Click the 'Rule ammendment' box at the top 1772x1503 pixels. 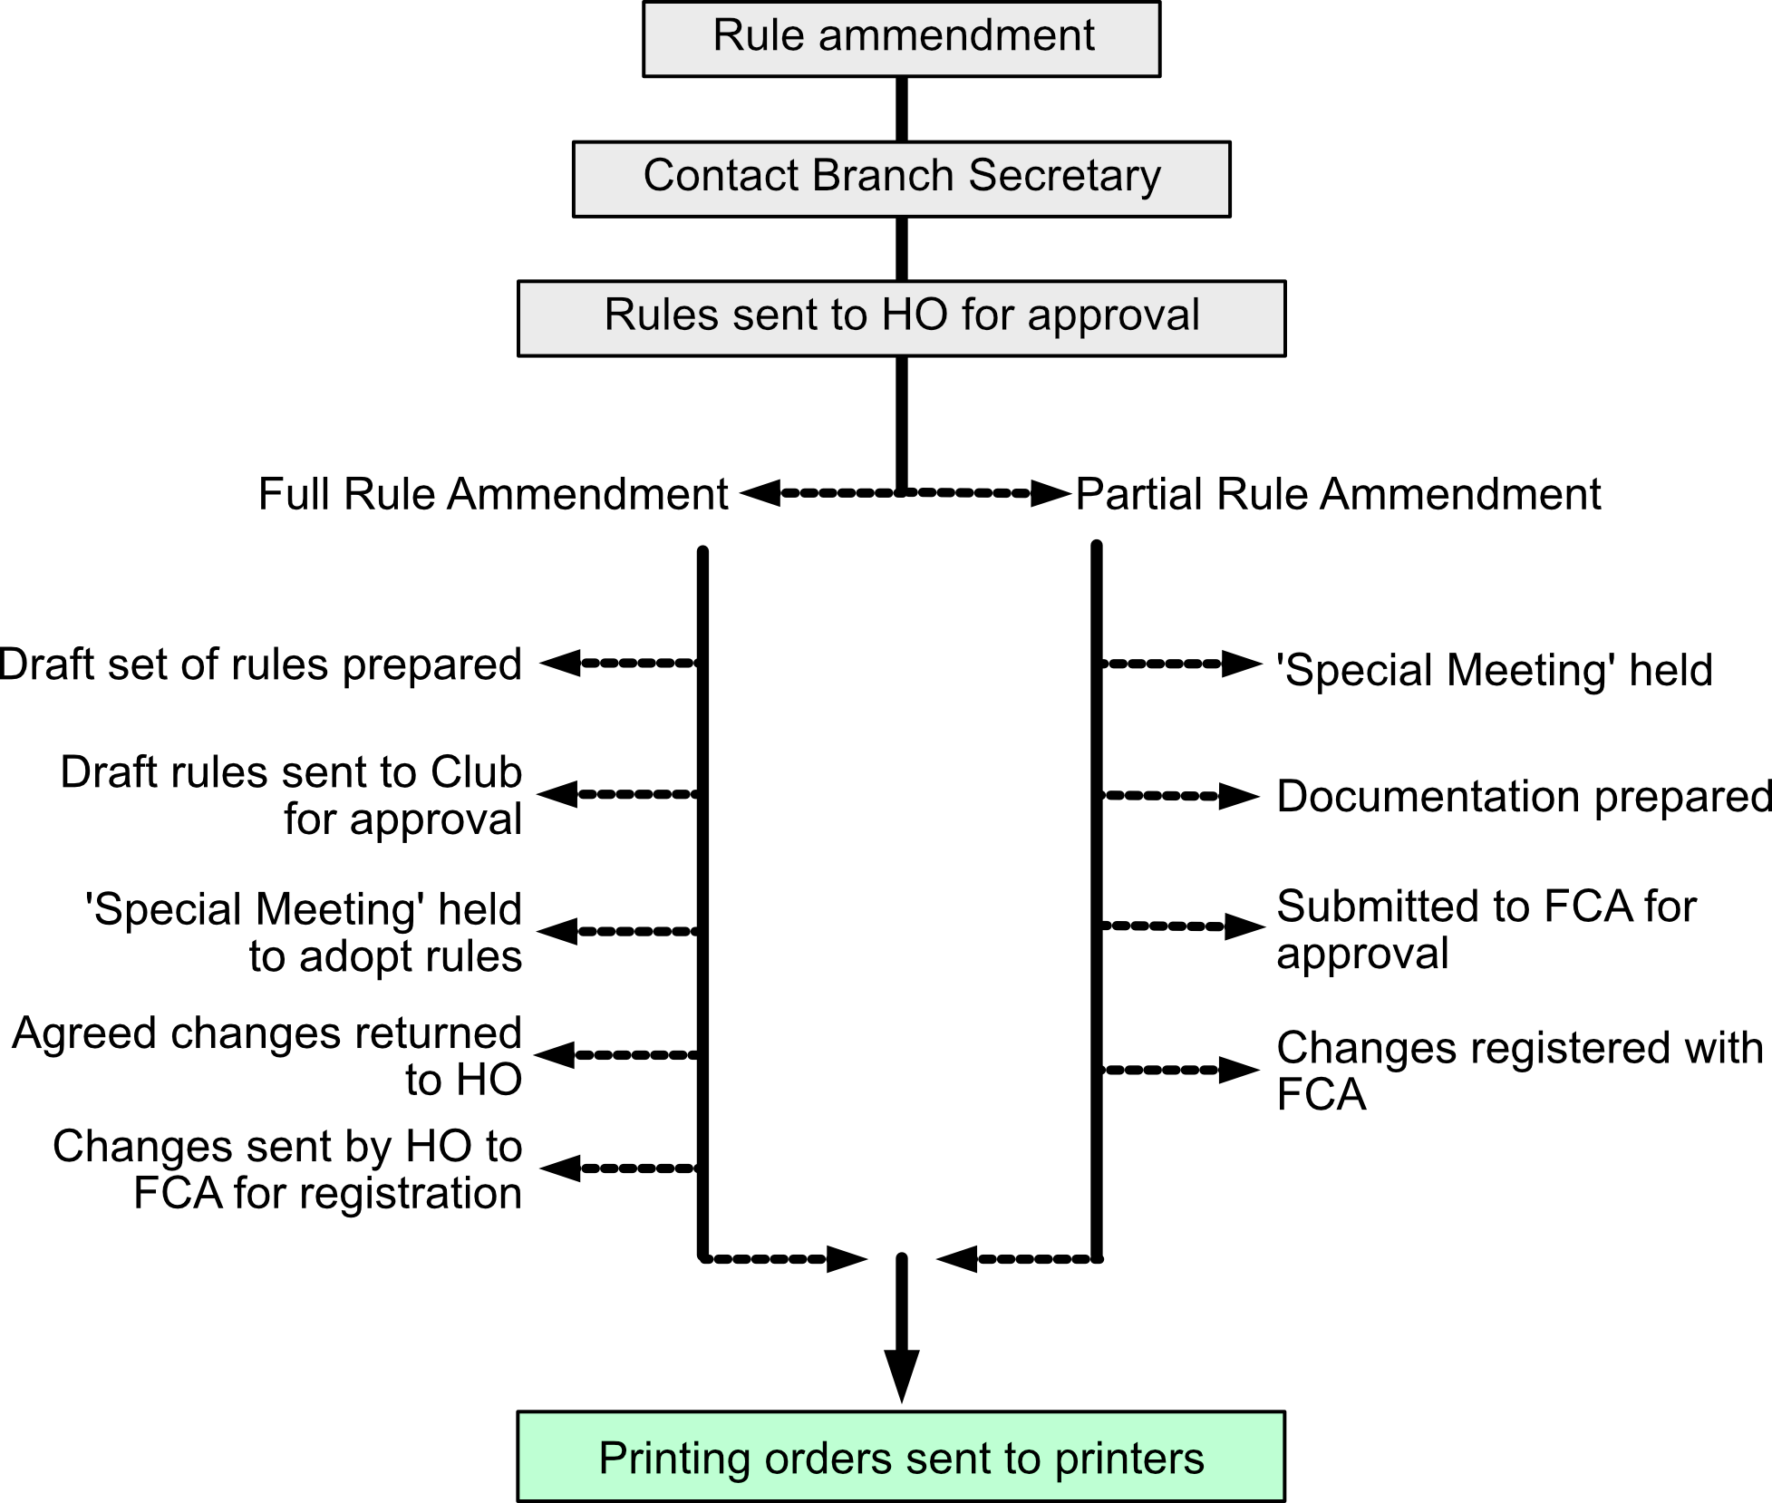pyautogui.click(x=901, y=38)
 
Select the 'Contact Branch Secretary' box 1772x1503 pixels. pyautogui.click(x=901, y=178)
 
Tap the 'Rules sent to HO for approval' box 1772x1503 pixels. pyautogui.click(x=901, y=317)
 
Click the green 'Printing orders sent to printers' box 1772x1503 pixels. pyautogui.click(x=901, y=1457)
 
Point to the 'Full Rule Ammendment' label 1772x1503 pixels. pyautogui.click(x=492, y=495)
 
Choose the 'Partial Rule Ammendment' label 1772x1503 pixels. pyautogui.click(x=1338, y=495)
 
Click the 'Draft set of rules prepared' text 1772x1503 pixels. pyautogui.click(x=261, y=664)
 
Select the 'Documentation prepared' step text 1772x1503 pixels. pyautogui.click(x=1523, y=797)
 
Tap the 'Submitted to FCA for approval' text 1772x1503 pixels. pyautogui.click(x=1486, y=929)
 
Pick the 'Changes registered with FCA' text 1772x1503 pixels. pyautogui.click(x=1519, y=1070)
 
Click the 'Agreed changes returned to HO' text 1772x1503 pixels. pyautogui.click(x=268, y=1056)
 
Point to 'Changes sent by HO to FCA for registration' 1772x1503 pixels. pyautogui.click(x=288, y=1169)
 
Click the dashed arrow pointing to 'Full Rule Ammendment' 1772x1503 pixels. pyautogui.click(x=816, y=493)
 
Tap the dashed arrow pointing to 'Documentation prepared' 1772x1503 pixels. pyautogui.click(x=1178, y=796)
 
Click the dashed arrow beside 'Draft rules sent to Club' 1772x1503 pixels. pyautogui.click(x=621, y=794)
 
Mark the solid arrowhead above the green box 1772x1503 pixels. pyautogui.click(x=901, y=1373)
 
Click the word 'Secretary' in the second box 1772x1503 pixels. pyautogui.click(x=1064, y=176)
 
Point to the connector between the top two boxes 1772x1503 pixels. pyautogui.click(x=901, y=109)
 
